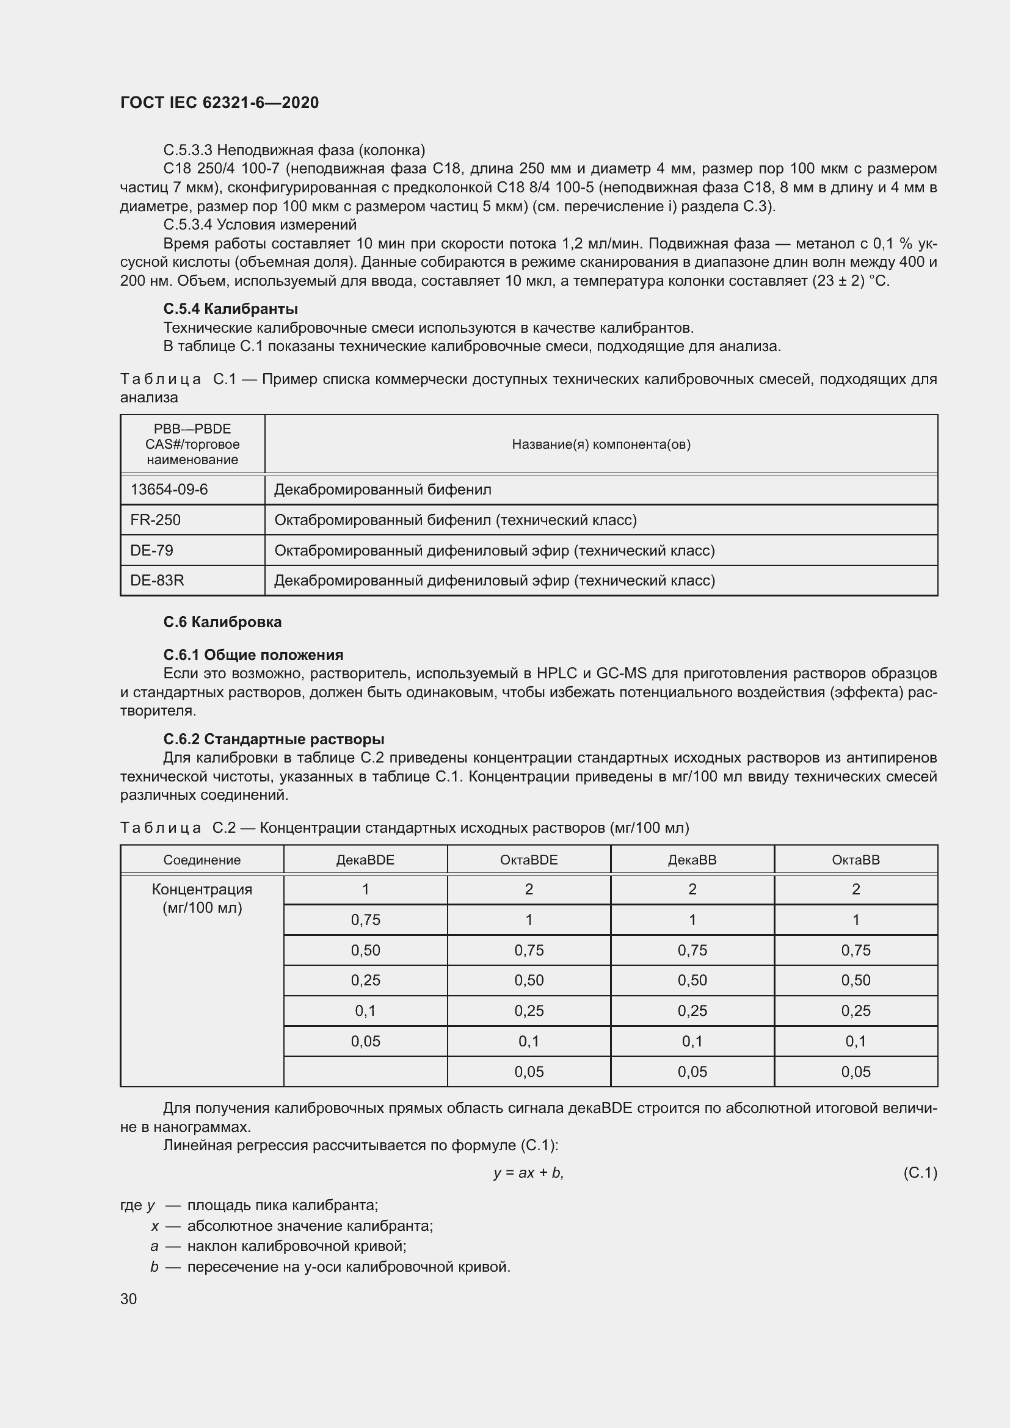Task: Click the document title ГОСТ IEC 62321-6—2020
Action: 219,103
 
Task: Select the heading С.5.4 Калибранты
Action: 230,308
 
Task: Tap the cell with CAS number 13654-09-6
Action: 169,490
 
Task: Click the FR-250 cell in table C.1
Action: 156,520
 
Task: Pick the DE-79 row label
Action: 152,551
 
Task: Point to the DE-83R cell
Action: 158,580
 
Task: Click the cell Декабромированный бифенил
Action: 382,490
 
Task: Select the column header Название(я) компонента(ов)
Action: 601,444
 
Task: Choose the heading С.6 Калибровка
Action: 222,622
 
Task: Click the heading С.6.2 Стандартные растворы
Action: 274,739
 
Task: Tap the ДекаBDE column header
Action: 365,860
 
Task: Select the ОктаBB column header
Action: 855,860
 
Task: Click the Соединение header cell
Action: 202,860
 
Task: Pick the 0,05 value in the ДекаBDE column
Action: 365,1041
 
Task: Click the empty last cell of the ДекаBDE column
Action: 365,1071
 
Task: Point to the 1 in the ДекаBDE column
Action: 365,890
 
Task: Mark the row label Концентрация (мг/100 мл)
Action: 202,899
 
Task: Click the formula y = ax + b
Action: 528,1173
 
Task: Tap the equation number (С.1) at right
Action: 919,1173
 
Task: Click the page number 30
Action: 129,1299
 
